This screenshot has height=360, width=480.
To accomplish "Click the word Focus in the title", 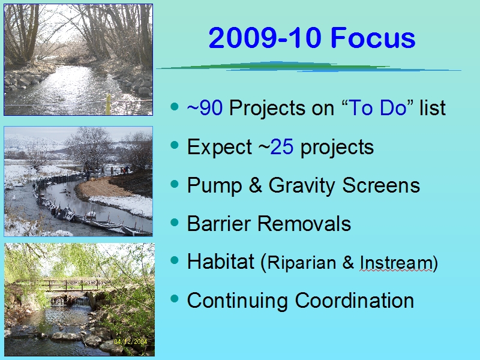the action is click(373, 38).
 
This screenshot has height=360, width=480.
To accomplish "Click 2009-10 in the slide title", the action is click(265, 38).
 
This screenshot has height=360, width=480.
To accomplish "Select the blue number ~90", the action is click(205, 108).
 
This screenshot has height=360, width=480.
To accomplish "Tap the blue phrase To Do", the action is click(377, 108).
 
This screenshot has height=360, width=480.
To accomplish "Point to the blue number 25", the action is click(281, 146).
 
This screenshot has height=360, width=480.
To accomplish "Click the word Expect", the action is click(220, 148).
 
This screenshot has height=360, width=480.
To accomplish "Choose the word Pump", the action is click(215, 186).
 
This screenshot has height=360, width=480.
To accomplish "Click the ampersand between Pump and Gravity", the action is click(256, 185).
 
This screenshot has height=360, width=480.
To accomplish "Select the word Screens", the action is click(381, 185).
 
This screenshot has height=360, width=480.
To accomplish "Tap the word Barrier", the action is click(219, 223).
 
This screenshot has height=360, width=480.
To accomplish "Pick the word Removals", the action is click(304, 223).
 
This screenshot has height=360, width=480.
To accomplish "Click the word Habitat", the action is click(220, 262).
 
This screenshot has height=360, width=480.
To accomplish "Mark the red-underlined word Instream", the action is click(396, 263).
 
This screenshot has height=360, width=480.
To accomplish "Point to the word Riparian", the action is click(302, 263).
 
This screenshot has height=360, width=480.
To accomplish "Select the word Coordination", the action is click(355, 301).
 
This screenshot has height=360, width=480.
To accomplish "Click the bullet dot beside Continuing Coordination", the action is click(175, 298).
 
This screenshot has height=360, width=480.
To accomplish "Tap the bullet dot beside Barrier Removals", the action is click(175, 221).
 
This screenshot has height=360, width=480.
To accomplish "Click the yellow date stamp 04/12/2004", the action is click(130, 341).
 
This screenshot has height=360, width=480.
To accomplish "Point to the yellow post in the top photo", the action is click(108, 104).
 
